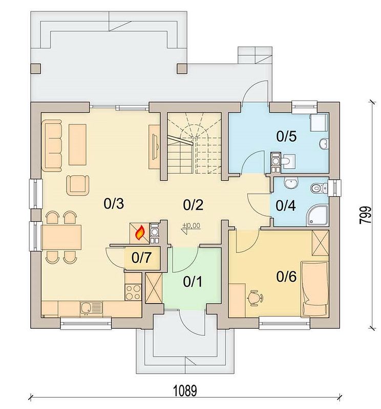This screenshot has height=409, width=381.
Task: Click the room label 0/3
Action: (x=114, y=203)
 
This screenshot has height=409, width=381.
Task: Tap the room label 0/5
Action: (x=286, y=136)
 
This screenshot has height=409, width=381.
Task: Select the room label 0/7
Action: (x=141, y=258)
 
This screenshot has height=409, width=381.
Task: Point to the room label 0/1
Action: (x=193, y=282)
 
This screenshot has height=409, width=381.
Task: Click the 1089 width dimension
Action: (x=185, y=391)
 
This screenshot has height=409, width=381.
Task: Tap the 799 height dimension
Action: (x=365, y=215)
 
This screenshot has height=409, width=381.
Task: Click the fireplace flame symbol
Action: (x=140, y=233)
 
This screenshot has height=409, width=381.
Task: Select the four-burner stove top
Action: (x=133, y=292)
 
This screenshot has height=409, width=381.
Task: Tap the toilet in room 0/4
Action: (x=319, y=188)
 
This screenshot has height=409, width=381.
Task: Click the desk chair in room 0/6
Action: (x=255, y=298)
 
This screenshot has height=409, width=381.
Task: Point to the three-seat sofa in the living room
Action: (x=53, y=145)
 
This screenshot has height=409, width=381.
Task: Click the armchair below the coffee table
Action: (x=78, y=185)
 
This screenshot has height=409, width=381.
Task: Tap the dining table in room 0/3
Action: (x=61, y=237)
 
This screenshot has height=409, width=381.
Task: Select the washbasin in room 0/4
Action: (x=291, y=184)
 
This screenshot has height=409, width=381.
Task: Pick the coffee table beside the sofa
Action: (x=78, y=145)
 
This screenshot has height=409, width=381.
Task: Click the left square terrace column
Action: (x=36, y=69)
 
